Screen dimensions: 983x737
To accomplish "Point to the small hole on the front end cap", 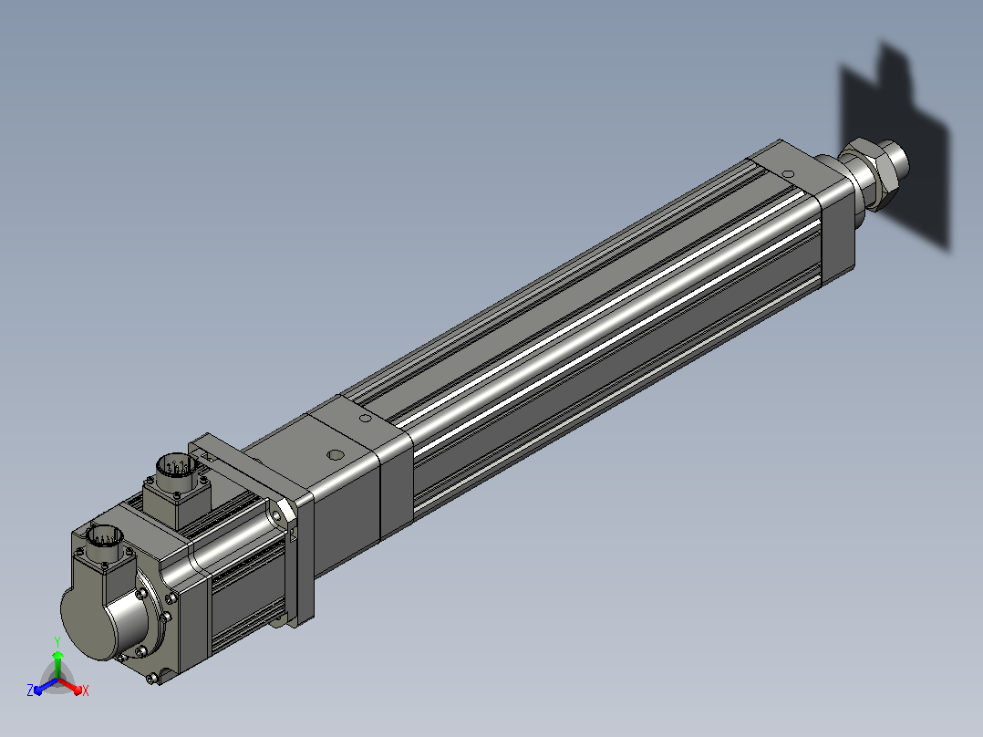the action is (x=789, y=173).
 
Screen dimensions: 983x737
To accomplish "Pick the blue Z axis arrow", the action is (x=46, y=686).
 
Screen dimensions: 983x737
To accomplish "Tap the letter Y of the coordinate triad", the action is (x=57, y=642).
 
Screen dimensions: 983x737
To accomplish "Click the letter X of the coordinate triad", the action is (x=86, y=690).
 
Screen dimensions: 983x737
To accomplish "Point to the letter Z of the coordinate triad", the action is (x=30, y=690).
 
